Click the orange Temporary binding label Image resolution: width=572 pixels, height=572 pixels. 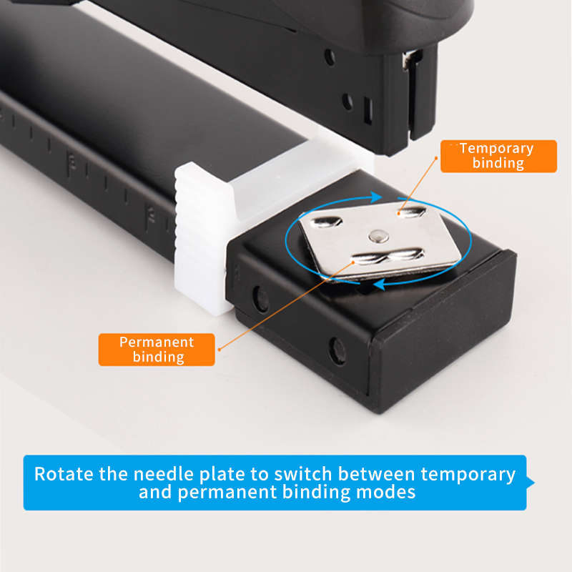tap(498, 156)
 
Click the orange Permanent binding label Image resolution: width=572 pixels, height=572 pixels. tap(157, 349)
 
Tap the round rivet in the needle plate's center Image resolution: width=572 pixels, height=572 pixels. tap(377, 235)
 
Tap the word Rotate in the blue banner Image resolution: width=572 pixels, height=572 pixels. tap(64, 473)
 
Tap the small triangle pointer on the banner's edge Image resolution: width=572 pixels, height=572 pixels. tap(531, 483)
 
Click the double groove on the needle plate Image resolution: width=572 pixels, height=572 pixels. tap(390, 255)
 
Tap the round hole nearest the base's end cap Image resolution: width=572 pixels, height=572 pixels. tap(337, 350)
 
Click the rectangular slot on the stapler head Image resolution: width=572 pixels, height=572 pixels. tap(368, 110)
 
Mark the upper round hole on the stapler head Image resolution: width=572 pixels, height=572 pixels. tap(329, 58)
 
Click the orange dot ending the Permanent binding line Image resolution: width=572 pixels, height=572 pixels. tap(219, 349)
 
